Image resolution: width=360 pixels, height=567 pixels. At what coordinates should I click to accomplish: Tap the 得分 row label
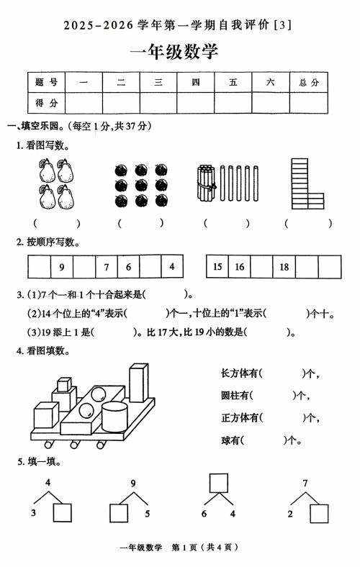tap(46, 104)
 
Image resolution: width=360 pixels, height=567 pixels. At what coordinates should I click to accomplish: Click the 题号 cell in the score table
tap(46, 83)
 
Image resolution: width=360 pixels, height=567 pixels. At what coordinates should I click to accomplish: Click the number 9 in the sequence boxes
tap(62, 268)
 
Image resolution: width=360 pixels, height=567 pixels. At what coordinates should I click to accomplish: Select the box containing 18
tap(284, 268)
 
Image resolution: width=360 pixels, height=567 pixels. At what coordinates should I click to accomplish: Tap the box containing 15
tap(217, 268)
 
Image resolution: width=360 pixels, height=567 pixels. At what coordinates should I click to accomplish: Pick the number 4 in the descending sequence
tap(172, 268)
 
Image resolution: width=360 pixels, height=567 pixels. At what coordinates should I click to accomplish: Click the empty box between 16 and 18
tap(261, 268)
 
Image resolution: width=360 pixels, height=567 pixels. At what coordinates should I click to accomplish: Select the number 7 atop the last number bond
tap(305, 483)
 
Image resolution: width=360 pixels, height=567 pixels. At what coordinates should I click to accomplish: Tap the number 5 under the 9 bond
tap(148, 514)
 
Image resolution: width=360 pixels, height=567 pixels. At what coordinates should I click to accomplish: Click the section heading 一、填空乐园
tap(35, 126)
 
